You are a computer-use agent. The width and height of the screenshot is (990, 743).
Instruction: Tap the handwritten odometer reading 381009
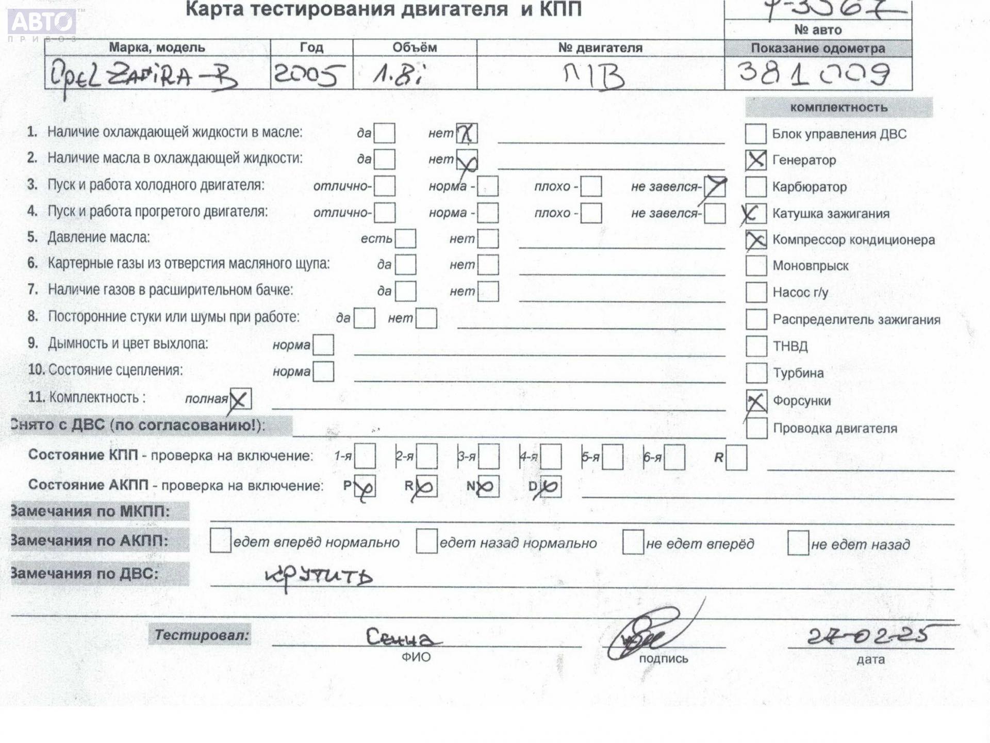tap(814, 74)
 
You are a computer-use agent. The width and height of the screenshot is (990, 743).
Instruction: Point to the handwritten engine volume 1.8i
tap(398, 75)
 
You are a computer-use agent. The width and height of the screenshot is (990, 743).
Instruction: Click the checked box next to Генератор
tap(755, 160)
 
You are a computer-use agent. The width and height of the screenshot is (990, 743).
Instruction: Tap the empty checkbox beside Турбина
tap(756, 373)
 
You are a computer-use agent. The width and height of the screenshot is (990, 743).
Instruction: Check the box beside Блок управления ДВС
tap(755, 134)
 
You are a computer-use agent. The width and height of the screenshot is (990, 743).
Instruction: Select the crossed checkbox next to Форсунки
tap(756, 401)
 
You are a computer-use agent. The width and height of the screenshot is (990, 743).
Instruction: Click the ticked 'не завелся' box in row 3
tap(715, 187)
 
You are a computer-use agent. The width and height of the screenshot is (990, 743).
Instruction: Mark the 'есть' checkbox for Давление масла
tap(405, 238)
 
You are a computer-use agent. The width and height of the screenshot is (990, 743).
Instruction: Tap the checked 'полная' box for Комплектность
tap(240, 399)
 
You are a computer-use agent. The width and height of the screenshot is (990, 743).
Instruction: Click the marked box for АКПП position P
tap(365, 486)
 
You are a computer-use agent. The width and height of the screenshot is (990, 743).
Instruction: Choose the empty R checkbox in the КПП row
tap(736, 458)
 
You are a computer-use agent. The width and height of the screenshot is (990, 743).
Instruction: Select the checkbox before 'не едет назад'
tap(798, 543)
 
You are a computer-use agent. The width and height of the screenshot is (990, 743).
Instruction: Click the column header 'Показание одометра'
tap(818, 49)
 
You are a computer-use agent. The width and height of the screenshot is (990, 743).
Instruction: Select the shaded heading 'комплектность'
tap(838, 107)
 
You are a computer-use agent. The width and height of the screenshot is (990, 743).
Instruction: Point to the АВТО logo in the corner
tap(42, 22)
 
